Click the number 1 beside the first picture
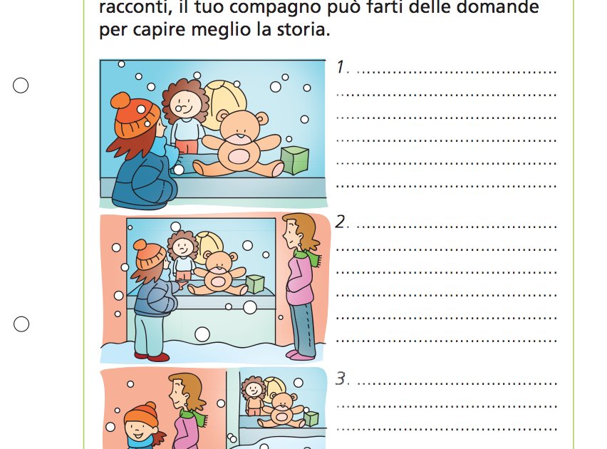[x=341, y=68]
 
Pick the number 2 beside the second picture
[x=341, y=222]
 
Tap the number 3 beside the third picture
[x=341, y=379]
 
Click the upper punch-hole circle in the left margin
[x=21, y=86]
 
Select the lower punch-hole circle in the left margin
[x=21, y=324]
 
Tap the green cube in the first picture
[x=294, y=160]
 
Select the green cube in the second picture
[x=254, y=284]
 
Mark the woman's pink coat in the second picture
[x=301, y=282]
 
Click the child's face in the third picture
[x=141, y=428]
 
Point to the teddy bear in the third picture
[x=283, y=408]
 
